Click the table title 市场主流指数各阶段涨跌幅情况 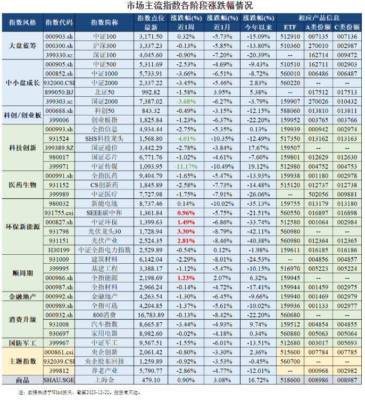coord(182,6)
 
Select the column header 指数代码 coord(59,22)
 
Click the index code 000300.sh coord(59,46)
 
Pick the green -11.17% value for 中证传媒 coord(182,166)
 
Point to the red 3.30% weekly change coord(182,232)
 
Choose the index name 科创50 coord(104,111)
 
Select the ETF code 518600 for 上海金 coord(290,381)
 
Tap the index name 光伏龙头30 coord(104,232)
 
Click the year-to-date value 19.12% coord(259,166)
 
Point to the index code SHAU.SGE coord(59,381)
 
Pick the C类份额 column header coord(348,27)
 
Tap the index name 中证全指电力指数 coord(104,250)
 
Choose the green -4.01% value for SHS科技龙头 coord(182,138)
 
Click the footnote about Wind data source coord(80,392)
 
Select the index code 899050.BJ coord(59,92)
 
